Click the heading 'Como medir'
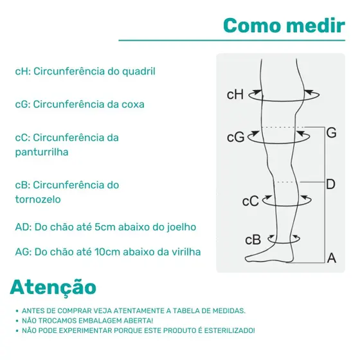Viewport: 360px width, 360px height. (284, 26)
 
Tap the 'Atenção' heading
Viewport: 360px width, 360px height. (53, 287)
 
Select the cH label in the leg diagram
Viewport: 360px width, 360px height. (235, 94)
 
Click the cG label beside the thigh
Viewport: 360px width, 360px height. (235, 138)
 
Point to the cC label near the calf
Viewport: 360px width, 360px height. (251, 201)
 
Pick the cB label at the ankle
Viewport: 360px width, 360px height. (253, 240)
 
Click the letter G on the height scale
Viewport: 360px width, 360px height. (331, 132)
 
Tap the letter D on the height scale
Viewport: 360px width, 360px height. (330, 184)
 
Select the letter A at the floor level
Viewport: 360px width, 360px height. (332, 258)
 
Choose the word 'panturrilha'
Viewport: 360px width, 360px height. (42, 152)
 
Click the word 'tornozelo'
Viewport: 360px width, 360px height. (38, 199)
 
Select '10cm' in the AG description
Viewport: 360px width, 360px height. (107, 252)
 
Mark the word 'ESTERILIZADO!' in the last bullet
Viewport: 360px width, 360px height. (230, 330)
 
